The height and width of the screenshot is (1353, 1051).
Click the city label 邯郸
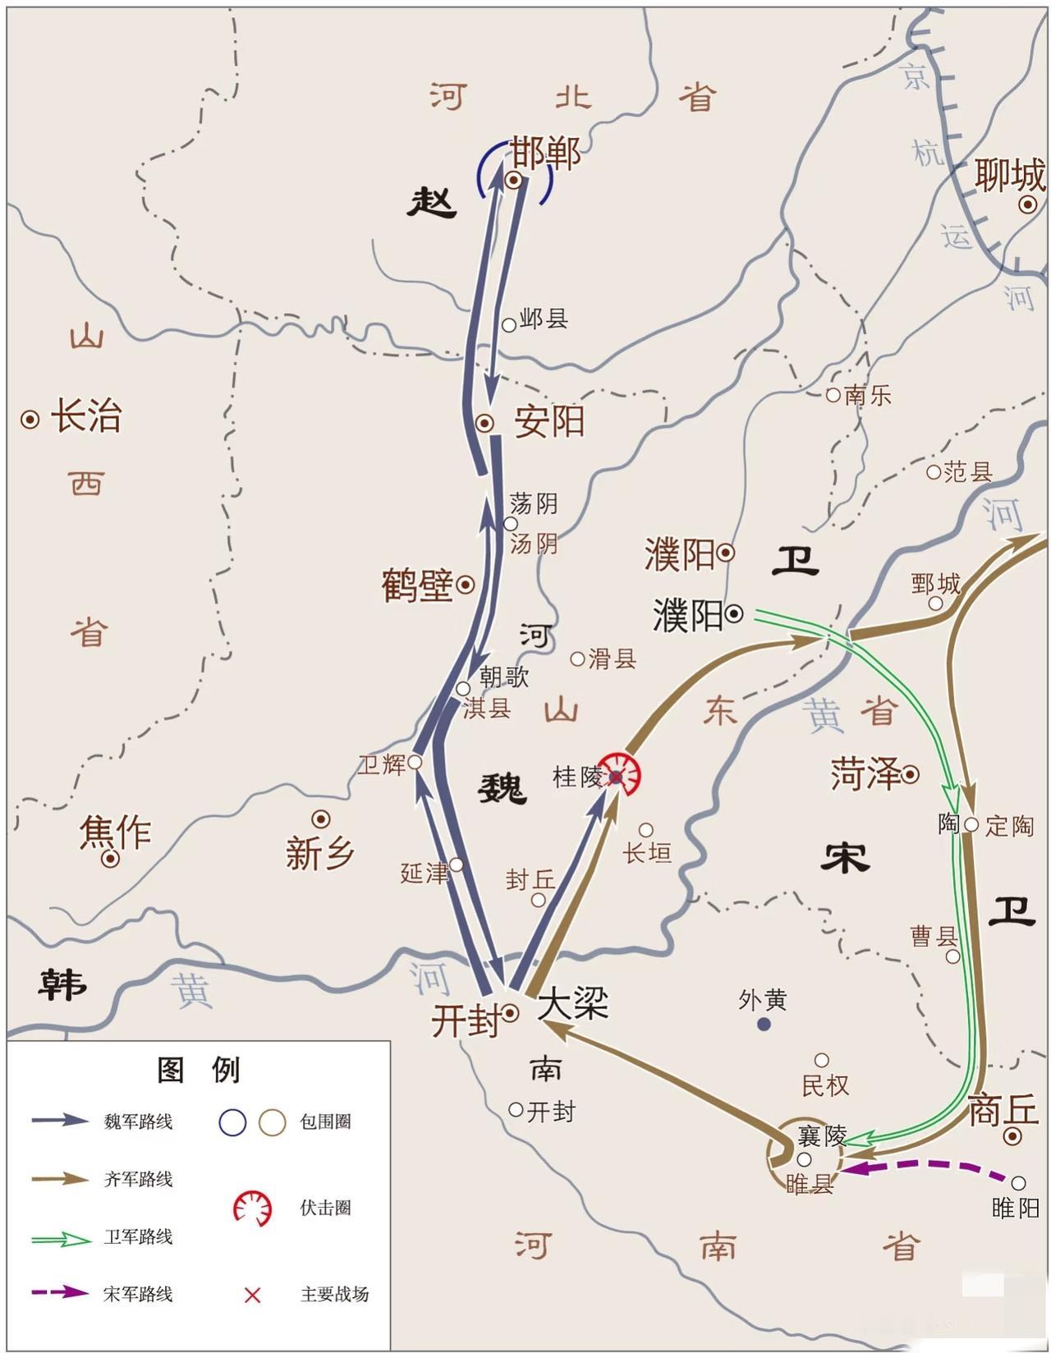tap(545, 154)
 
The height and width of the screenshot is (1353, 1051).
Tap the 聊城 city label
tap(1009, 176)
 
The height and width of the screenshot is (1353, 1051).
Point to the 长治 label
tap(85, 416)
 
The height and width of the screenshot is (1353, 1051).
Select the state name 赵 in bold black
tap(432, 201)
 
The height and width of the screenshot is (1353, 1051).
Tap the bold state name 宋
tap(844, 859)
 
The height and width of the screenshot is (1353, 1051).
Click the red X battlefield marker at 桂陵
tap(616, 776)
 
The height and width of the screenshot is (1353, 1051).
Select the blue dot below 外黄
tap(764, 1024)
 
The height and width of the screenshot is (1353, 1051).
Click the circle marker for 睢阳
tap(1018, 1183)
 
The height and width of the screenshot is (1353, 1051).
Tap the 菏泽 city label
tap(865, 774)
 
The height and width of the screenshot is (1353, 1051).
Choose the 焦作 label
tap(115, 832)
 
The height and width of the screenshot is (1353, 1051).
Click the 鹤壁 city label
tap(417, 585)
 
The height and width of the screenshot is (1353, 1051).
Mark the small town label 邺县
tap(544, 319)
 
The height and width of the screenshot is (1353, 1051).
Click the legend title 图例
tap(198, 1070)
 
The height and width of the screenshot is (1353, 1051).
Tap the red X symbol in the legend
tap(252, 1295)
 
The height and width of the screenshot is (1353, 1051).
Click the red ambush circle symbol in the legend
tap(252, 1208)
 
